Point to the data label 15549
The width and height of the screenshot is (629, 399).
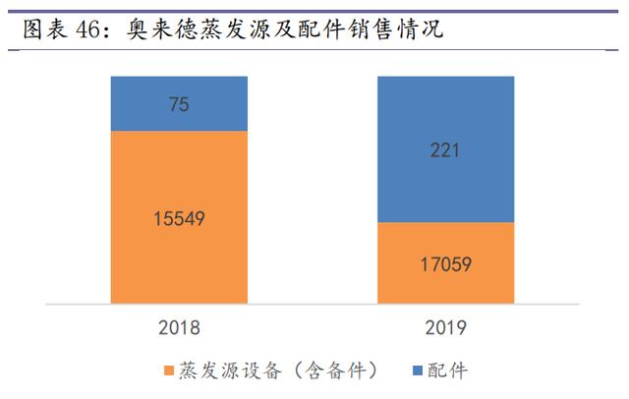178,219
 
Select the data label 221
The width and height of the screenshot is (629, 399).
445,150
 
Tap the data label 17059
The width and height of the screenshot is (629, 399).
445,263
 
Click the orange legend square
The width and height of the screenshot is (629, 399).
167,371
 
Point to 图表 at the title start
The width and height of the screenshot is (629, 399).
44,29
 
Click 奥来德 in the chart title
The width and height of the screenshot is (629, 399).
164,29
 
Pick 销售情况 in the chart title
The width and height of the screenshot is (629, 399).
394,29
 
